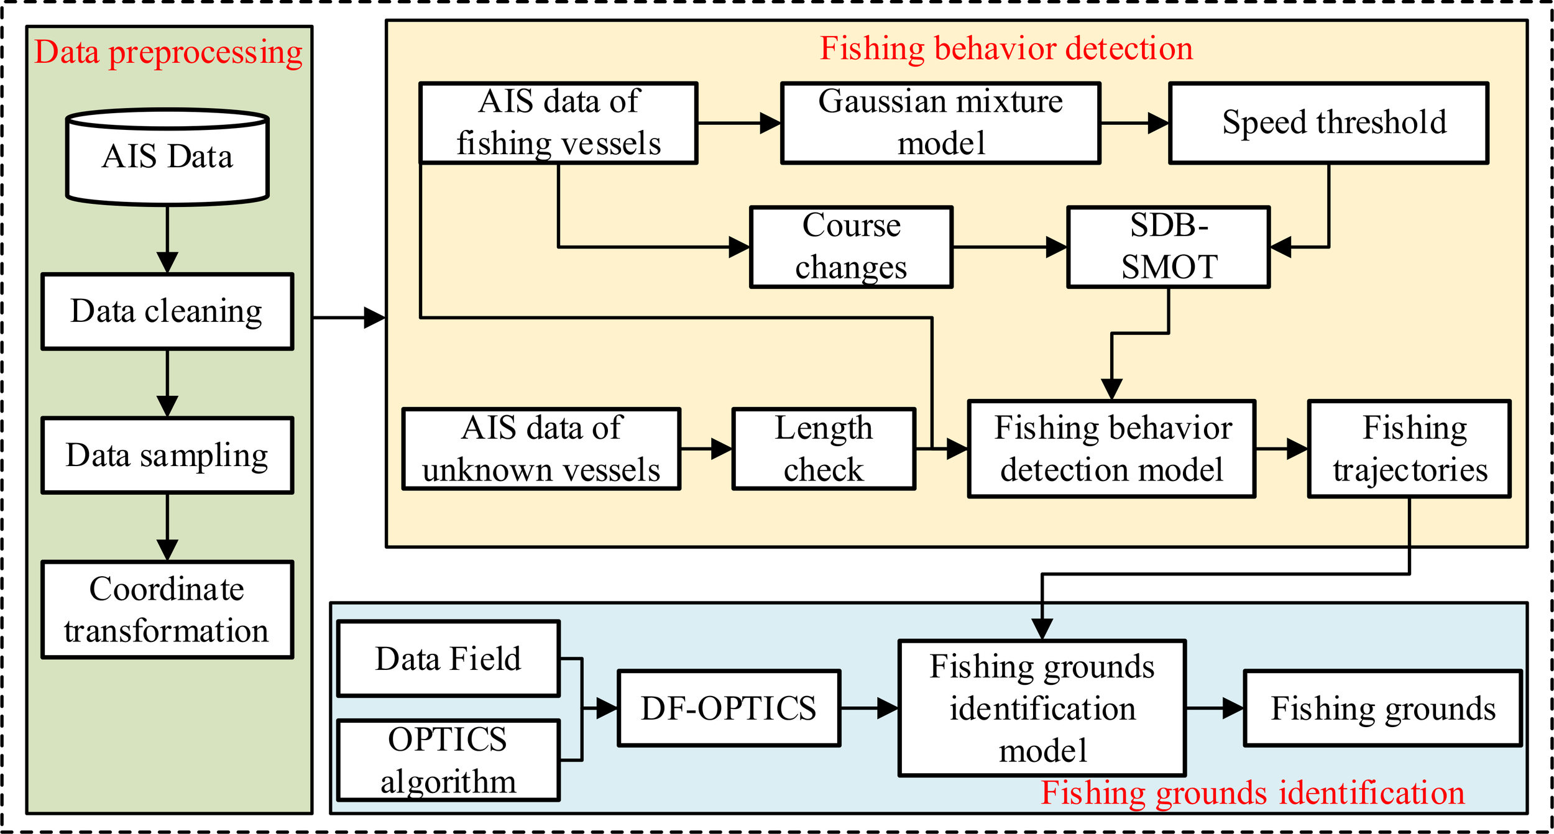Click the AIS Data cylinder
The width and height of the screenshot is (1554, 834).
167,157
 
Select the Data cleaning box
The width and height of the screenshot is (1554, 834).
167,311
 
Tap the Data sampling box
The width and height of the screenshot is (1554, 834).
167,456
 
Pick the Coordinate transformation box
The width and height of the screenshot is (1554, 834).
167,610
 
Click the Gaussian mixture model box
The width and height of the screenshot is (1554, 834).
940,123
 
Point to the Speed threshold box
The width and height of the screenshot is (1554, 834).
1328,123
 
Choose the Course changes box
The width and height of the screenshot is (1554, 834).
851,247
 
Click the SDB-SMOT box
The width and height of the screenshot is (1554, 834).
1169,247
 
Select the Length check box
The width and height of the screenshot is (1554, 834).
824,449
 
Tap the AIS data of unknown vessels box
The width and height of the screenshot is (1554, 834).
541,449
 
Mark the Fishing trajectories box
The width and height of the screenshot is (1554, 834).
1409,449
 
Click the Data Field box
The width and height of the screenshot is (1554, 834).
448,659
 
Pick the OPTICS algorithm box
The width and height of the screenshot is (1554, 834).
448,760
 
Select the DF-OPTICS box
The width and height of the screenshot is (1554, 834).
729,708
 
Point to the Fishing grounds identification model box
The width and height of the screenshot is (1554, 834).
1042,708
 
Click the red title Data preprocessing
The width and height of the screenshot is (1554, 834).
168,52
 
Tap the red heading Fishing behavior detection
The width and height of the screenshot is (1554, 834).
1006,48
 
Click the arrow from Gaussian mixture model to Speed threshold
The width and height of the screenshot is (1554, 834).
1134,123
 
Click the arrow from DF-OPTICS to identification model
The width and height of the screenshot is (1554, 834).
870,708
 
